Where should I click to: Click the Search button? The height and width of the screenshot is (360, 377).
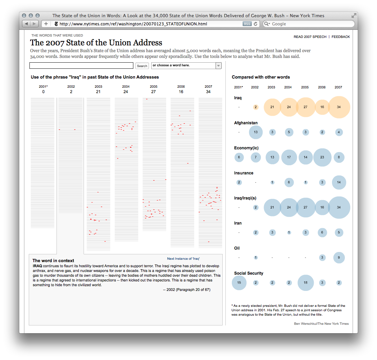142,66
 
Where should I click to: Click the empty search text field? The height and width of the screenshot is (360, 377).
81,66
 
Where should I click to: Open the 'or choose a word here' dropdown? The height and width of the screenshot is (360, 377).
186,65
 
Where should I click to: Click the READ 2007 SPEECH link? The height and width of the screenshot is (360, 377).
310,37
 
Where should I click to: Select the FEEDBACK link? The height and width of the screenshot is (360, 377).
340,37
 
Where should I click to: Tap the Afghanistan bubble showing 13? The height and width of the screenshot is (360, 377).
256,132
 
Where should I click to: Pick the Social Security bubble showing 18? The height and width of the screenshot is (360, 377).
305,283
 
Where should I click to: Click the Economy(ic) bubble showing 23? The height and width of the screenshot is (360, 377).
322,157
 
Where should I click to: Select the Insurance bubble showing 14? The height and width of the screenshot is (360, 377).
339,182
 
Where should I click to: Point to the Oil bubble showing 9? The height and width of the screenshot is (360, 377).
339,257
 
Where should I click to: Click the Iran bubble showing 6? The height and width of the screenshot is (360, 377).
322,232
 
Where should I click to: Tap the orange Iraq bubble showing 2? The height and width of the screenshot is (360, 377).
256,107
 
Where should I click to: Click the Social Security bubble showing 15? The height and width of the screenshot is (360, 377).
239,283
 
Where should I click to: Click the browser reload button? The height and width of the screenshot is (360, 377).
256,24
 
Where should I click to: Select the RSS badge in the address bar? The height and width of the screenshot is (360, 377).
247,24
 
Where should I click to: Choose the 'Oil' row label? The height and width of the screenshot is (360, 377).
237,248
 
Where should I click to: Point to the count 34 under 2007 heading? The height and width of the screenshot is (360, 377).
208,92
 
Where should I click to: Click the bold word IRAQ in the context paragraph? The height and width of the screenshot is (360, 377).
37,266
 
